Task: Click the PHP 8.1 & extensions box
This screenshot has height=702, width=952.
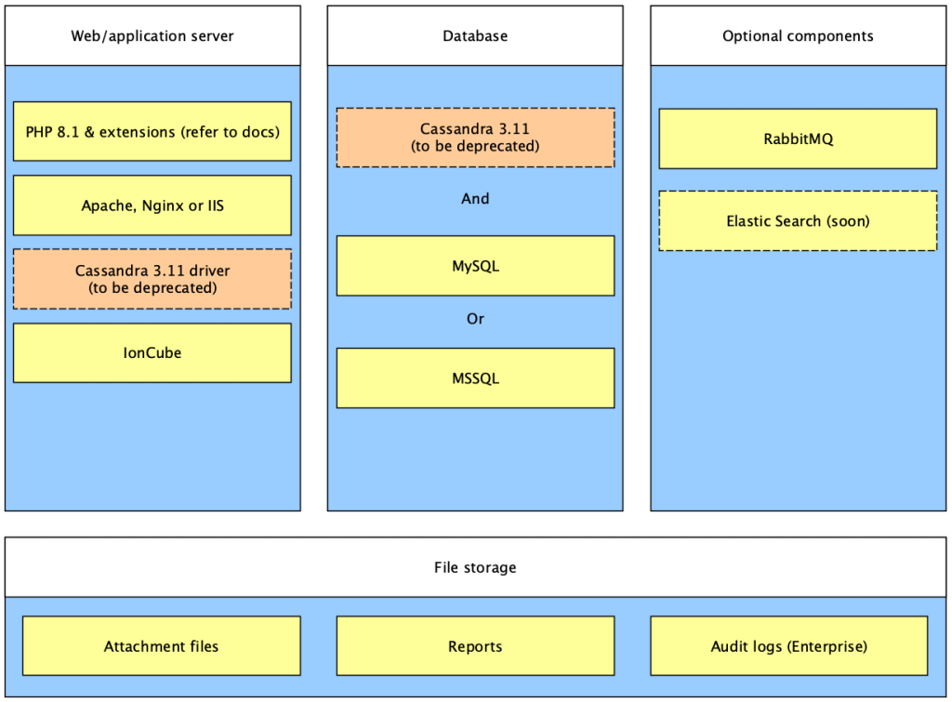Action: tap(152, 131)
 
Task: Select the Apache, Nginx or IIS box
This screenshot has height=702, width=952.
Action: tap(152, 205)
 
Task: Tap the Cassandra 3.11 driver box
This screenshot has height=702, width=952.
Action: tap(152, 279)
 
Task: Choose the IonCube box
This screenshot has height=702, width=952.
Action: tap(152, 352)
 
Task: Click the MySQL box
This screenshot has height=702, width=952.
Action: tap(475, 266)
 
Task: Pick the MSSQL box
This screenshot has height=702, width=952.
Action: tap(475, 377)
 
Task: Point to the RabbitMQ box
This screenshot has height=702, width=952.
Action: tap(798, 139)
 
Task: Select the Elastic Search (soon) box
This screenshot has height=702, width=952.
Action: tap(798, 221)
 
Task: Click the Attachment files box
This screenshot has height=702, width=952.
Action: tap(162, 645)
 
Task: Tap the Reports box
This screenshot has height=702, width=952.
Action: tap(475, 645)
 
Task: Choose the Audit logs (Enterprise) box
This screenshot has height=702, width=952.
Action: tap(788, 645)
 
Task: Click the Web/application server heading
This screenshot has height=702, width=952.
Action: tap(152, 36)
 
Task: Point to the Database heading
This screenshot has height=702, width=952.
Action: tap(475, 36)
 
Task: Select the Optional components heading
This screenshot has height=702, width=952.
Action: tap(798, 36)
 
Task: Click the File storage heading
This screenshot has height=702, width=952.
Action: tap(475, 567)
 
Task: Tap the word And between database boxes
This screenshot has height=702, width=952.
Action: tap(475, 199)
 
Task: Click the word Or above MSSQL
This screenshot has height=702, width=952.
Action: tap(475, 319)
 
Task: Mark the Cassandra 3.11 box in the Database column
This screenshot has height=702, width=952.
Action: tap(475, 138)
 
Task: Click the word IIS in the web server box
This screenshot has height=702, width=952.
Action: tap(216, 205)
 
